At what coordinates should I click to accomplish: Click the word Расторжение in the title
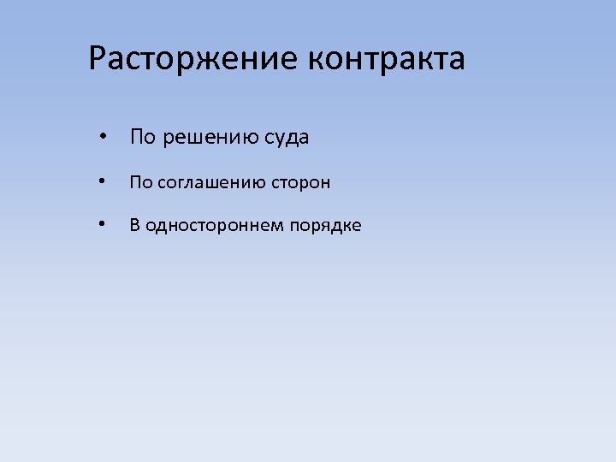(x=193, y=59)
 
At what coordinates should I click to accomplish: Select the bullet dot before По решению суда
(x=102, y=137)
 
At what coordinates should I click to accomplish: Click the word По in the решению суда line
(x=142, y=137)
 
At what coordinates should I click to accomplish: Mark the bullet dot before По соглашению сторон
(x=102, y=181)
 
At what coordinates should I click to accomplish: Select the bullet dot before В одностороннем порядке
(x=102, y=225)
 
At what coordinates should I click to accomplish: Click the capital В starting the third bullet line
(x=134, y=225)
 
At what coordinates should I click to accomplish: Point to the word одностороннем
(x=215, y=225)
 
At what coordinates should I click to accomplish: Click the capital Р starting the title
(x=98, y=59)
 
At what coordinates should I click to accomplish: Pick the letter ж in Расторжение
(x=213, y=60)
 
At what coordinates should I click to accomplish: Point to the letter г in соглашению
(x=178, y=182)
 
